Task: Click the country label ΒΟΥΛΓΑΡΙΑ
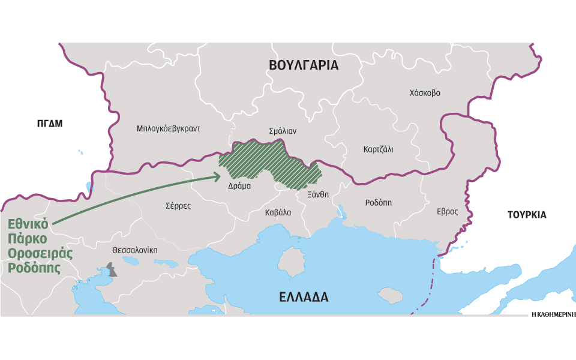(304, 65)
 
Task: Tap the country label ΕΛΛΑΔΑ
(304, 297)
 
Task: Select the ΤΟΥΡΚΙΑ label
(526, 215)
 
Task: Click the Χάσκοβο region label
(424, 93)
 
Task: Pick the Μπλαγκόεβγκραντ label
(168, 128)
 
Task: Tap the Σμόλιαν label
(283, 131)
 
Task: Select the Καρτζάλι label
(378, 149)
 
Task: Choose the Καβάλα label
(278, 212)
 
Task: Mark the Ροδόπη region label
(378, 202)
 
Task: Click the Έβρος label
(447, 211)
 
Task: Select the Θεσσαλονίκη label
(134, 250)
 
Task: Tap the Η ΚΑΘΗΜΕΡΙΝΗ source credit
(553, 314)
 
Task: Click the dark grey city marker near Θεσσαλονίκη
(112, 269)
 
